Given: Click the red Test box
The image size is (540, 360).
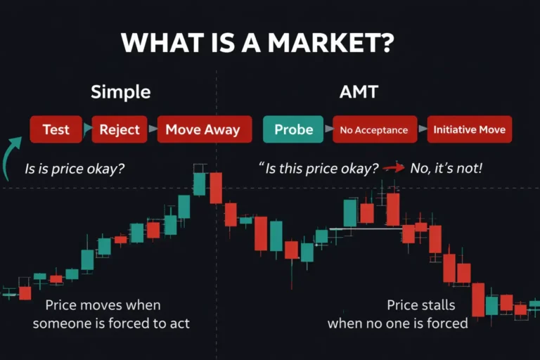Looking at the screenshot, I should [x=56, y=129].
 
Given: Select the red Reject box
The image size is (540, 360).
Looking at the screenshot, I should [x=120, y=129].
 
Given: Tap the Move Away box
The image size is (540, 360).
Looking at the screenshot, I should [x=203, y=129].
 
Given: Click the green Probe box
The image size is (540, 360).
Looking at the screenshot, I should [x=293, y=129].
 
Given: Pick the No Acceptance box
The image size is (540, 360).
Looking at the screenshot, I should [x=374, y=130].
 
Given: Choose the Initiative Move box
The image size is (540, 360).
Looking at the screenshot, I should [x=469, y=130].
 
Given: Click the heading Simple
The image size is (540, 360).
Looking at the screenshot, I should [x=120, y=92].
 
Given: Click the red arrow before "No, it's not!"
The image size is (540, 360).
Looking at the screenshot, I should [x=394, y=169].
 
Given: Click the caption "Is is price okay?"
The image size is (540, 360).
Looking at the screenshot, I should [x=75, y=169].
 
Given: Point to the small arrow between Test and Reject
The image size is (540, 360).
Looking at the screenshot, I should [x=87, y=129].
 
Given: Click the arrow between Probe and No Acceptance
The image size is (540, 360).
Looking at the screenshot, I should [x=328, y=129].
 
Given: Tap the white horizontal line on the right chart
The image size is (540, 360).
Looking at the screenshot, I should [x=366, y=229].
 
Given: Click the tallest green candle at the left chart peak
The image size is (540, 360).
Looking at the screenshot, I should [x=199, y=184].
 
